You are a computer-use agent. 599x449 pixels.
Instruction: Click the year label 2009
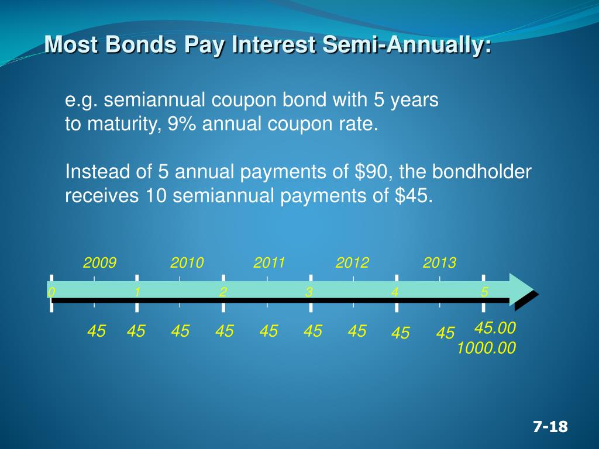click(x=100, y=263)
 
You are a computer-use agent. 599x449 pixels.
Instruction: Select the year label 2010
click(x=187, y=263)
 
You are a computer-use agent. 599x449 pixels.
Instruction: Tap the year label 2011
click(x=269, y=263)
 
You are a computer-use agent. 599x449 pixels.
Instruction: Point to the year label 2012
click(x=353, y=263)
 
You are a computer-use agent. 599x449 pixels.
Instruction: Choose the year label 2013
click(x=439, y=263)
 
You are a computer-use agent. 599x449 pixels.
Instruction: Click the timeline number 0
click(x=51, y=292)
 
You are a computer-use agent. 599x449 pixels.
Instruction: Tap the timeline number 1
click(x=137, y=292)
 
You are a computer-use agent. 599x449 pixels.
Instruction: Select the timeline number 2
click(x=223, y=292)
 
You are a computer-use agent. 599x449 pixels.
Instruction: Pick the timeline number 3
click(x=309, y=292)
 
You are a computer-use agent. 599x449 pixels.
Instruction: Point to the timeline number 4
click(x=395, y=292)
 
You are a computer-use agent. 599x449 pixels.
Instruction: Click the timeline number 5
click(x=484, y=292)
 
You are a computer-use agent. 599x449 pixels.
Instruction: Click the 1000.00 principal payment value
click(x=487, y=348)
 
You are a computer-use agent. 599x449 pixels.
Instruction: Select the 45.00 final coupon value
click(x=495, y=328)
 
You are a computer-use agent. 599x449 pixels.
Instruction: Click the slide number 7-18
click(x=550, y=427)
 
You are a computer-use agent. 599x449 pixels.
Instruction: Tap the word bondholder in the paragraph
click(x=482, y=172)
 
